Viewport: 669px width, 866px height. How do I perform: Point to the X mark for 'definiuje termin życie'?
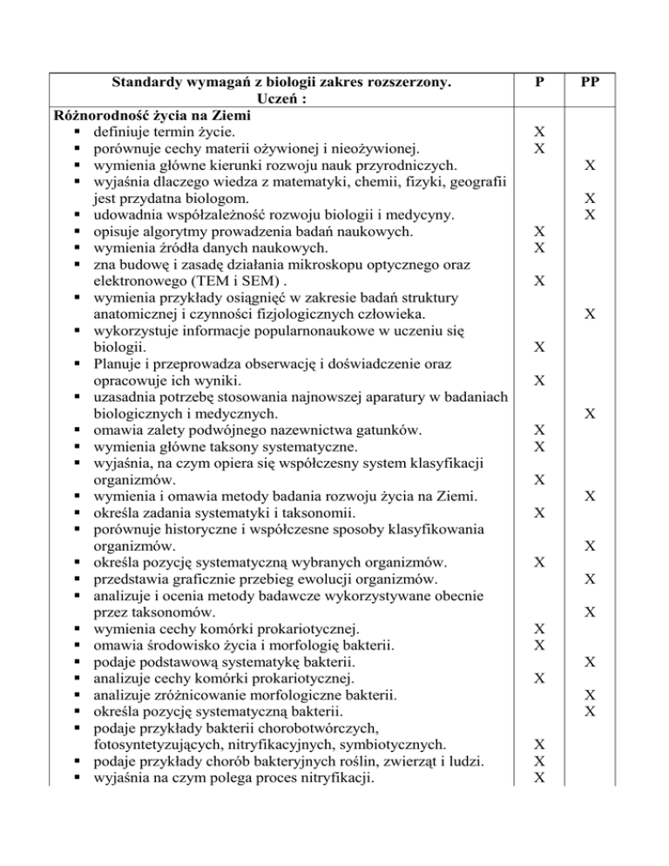coord(540,132)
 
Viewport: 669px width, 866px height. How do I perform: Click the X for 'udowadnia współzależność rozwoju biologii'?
coord(590,215)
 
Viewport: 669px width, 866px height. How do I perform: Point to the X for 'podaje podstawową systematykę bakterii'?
coord(590,661)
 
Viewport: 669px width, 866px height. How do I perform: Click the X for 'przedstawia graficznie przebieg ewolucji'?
coord(590,578)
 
